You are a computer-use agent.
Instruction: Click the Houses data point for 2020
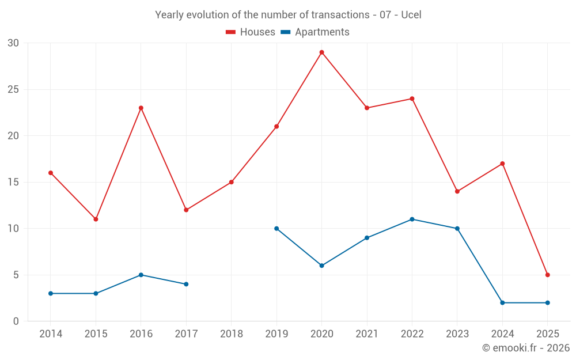(x=321, y=52)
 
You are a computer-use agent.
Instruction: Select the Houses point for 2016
(x=141, y=108)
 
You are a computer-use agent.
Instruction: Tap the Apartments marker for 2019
(x=276, y=229)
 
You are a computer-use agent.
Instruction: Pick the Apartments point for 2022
(x=412, y=219)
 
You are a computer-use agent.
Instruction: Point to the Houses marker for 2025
(x=547, y=275)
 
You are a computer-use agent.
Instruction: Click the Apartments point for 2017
(x=186, y=284)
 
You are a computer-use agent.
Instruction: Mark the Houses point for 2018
(x=231, y=182)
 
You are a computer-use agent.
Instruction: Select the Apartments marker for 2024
(x=502, y=302)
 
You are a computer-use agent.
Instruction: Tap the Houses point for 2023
(x=457, y=191)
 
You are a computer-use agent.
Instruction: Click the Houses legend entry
(x=251, y=32)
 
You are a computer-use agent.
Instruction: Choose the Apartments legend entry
(x=315, y=32)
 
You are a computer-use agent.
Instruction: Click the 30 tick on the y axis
(x=13, y=43)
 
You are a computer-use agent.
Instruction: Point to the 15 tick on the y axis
(x=13, y=182)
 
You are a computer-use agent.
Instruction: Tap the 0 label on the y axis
(x=16, y=321)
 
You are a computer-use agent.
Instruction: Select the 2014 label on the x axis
(x=51, y=334)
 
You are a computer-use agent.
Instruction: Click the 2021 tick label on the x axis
(x=367, y=334)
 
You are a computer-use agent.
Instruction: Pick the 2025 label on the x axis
(x=547, y=334)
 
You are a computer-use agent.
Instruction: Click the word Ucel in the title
(x=412, y=15)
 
